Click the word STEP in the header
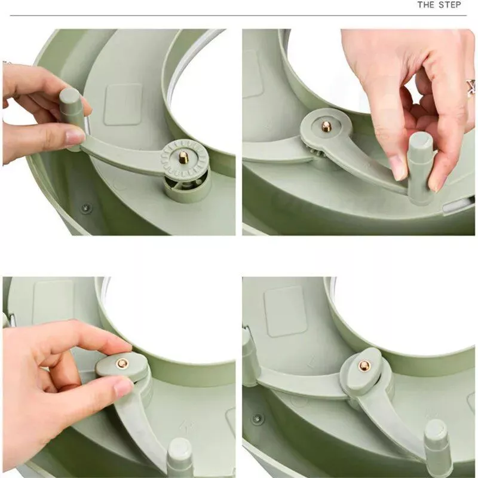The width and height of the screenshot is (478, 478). tap(450, 5)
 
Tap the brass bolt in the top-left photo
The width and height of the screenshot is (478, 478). tap(183, 157)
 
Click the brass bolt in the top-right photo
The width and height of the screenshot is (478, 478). tap(326, 126)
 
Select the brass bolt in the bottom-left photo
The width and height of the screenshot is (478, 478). tap(122, 363)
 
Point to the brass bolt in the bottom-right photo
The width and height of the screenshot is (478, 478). tap(364, 365)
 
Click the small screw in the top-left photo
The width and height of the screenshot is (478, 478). tap(86, 209)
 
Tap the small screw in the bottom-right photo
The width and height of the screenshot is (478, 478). tap(258, 419)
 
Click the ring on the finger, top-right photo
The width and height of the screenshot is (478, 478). tap(471, 87)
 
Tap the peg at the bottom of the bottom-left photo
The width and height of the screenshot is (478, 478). tap(180, 457)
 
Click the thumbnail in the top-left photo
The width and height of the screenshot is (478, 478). tap(75, 137)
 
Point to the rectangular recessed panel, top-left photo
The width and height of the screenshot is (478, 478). tap(123, 105)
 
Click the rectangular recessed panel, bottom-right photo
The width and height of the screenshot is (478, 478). tap(285, 311)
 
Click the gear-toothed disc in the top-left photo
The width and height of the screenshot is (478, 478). tap(185, 158)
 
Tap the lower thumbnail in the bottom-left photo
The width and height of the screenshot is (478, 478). tap(123, 386)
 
